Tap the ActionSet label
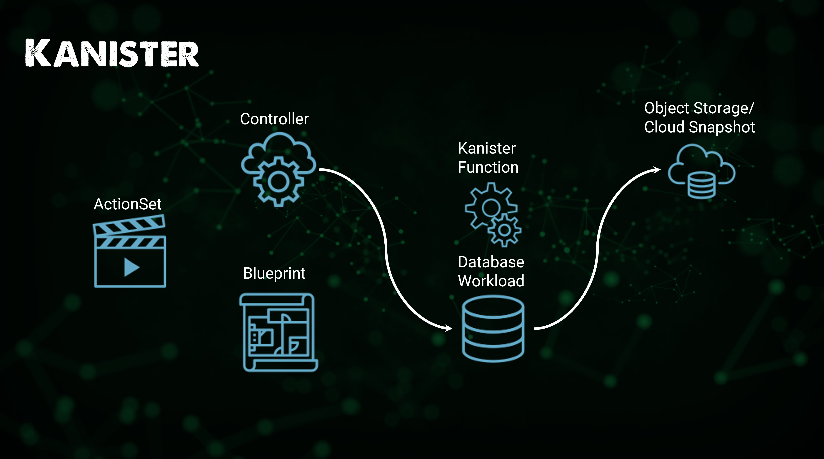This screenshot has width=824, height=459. click(x=127, y=204)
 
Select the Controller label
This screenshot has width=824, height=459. click(x=274, y=119)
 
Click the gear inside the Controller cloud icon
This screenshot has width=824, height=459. click(x=278, y=181)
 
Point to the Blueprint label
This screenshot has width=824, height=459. click(x=274, y=273)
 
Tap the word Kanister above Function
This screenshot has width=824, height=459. click(x=487, y=148)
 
